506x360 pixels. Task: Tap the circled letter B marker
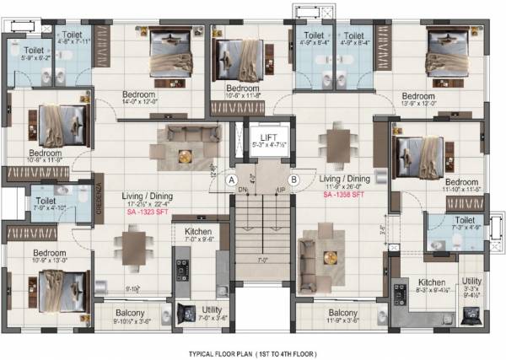coord(293,179)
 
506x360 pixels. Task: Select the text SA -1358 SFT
coord(345,194)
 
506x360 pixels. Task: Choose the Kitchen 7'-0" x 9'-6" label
coord(198,235)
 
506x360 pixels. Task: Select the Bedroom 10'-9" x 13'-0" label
coord(50,256)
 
